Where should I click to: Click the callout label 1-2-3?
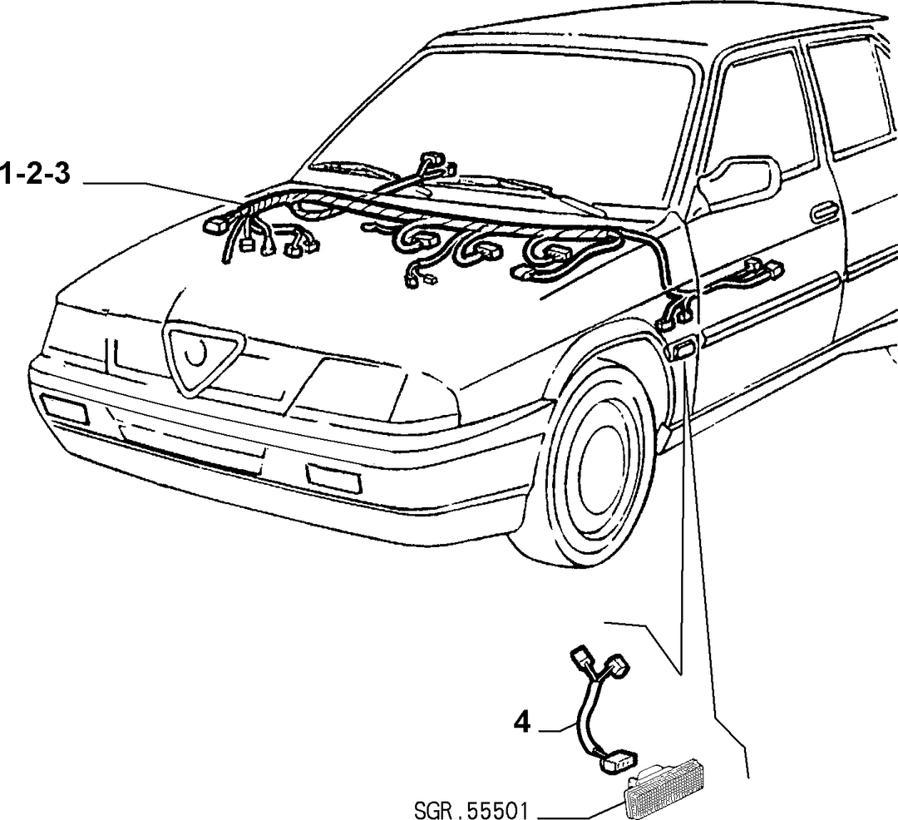(36, 174)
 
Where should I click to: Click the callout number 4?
(521, 724)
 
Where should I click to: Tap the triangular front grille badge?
(204, 356)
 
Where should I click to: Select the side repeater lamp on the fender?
(683, 349)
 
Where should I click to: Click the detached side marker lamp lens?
(664, 790)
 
